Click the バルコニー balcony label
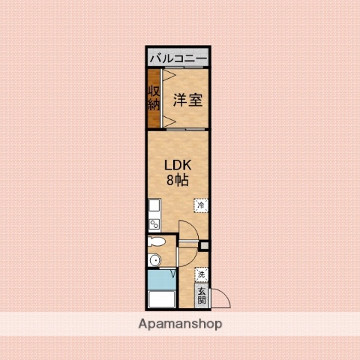click(x=178, y=57)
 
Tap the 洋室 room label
click(x=187, y=100)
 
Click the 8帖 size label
click(x=178, y=181)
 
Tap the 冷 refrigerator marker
click(x=201, y=203)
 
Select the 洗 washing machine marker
click(x=201, y=274)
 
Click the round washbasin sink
click(x=154, y=260)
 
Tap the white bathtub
click(x=160, y=300)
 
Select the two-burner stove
click(x=154, y=223)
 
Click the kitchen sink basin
click(x=154, y=206)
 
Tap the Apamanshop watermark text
click(x=180, y=325)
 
